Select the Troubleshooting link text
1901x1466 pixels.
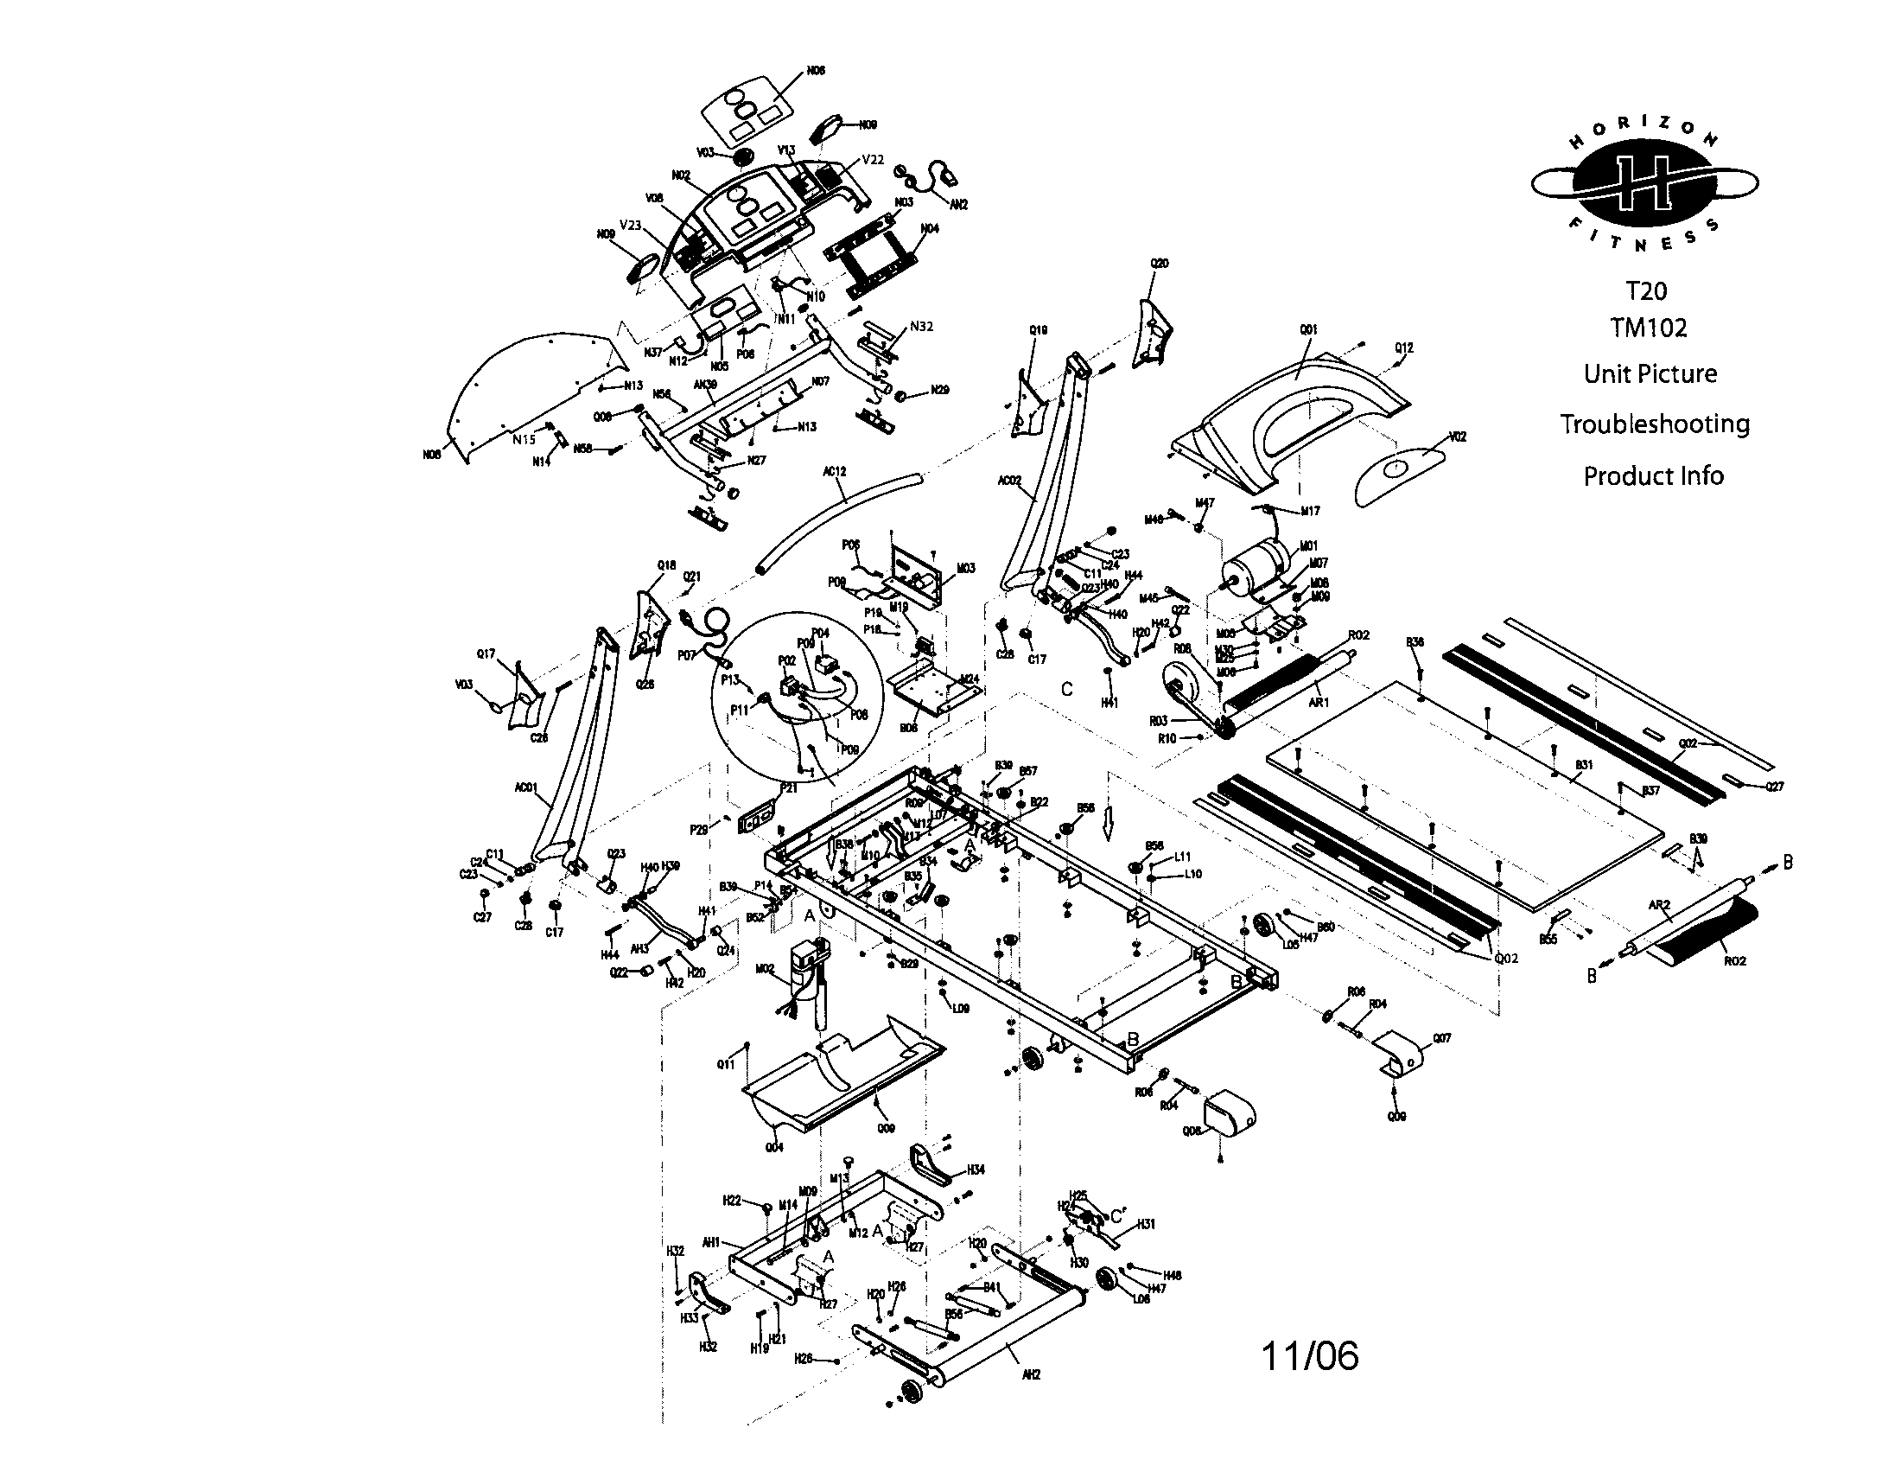click(1654, 424)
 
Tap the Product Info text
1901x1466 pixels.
click(1653, 476)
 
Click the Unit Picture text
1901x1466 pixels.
click(1650, 374)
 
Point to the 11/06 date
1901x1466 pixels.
click(1310, 1356)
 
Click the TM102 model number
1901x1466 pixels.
click(1648, 328)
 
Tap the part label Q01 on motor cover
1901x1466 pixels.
click(1308, 330)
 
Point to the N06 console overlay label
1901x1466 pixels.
click(816, 71)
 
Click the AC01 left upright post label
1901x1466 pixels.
click(525, 787)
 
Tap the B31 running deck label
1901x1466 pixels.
click(1584, 765)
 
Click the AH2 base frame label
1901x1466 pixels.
click(1031, 1375)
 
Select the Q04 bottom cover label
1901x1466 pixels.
click(774, 1147)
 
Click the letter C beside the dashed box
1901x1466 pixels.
click(1067, 690)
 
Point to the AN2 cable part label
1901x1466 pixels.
click(959, 205)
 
